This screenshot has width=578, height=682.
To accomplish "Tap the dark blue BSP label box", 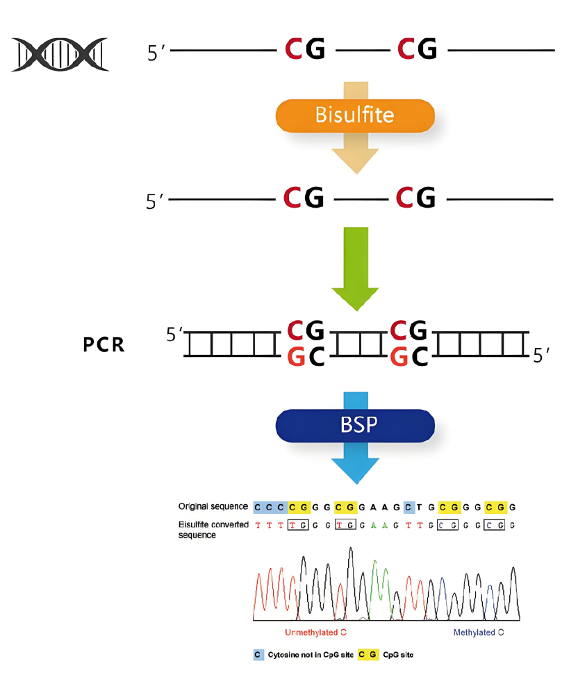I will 355,425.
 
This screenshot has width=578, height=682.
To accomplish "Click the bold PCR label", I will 104,344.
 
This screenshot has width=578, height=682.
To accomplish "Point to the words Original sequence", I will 213,506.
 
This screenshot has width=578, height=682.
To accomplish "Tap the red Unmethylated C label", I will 316,633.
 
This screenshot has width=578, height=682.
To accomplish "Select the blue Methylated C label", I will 479,633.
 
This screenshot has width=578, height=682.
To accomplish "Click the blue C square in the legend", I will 258,655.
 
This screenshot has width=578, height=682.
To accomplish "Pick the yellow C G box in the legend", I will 368,655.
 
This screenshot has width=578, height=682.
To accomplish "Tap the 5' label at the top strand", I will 155,53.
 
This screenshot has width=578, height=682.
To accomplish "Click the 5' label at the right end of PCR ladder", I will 541,356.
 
